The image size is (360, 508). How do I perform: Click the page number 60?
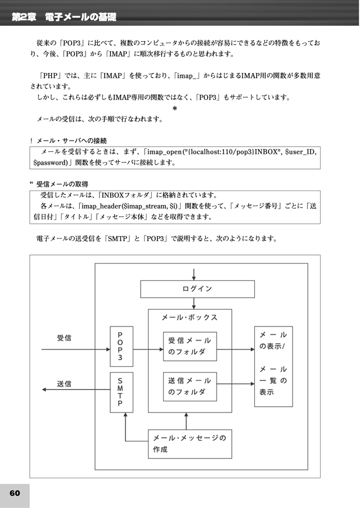pos(15,493)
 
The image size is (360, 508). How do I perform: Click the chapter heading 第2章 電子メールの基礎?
pos(64,17)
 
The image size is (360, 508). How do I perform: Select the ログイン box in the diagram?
pos(197,289)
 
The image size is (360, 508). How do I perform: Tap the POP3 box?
pos(121,346)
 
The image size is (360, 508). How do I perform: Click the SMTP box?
pos(121,392)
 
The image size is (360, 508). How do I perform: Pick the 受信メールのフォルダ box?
pos(190,346)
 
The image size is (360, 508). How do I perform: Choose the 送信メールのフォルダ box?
pos(190,387)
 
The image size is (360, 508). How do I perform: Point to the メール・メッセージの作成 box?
pos(190,444)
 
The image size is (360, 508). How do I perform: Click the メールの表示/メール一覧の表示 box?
pos(273,366)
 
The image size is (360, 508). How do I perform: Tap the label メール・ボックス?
pos(190,317)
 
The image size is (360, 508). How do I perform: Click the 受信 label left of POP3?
pos(64,338)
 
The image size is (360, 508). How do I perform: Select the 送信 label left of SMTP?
pos(64,384)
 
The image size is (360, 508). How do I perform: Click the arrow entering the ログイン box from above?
pos(193,274)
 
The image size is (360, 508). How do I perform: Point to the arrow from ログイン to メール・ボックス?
pos(193,303)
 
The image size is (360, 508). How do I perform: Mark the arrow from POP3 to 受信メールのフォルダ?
pos(148,350)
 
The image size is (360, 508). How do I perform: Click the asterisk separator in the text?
pos(175,108)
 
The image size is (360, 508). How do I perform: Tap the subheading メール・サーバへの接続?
pos(71,140)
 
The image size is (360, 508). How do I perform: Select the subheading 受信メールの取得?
pos(62,184)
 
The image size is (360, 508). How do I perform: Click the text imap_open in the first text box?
pos(164,152)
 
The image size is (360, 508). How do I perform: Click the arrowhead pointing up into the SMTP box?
pos(125,414)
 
